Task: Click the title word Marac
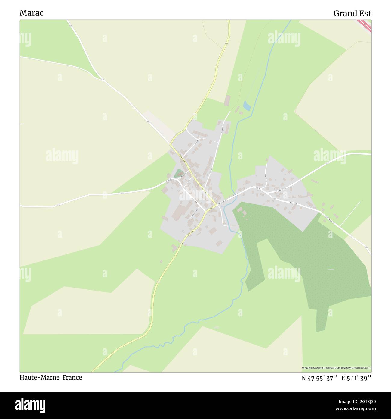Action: tap(32, 13)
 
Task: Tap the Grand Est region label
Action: tap(352, 14)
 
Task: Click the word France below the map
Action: tap(72, 377)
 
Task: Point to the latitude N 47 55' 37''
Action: tap(319, 378)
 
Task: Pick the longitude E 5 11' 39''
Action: tap(356, 378)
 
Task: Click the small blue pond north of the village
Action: tap(247, 106)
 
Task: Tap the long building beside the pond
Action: tap(227, 101)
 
